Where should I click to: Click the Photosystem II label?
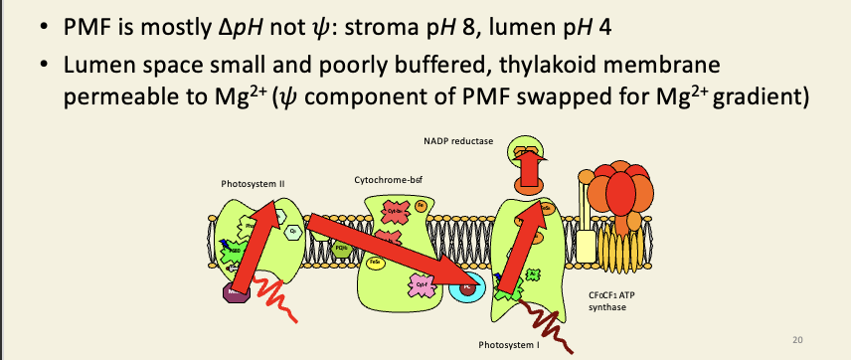click(253, 183)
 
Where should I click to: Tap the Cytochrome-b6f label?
click(385, 180)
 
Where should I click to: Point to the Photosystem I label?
click(507, 344)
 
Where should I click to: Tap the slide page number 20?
click(797, 340)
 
